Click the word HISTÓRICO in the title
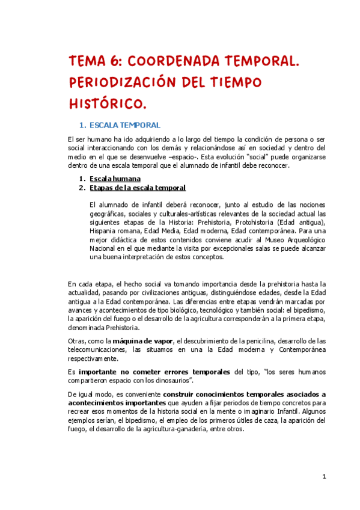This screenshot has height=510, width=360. (106, 103)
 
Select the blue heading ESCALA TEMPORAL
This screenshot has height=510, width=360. (124, 125)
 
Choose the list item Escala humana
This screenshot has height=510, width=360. (115, 179)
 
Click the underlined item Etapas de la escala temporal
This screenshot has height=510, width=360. (138, 188)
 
